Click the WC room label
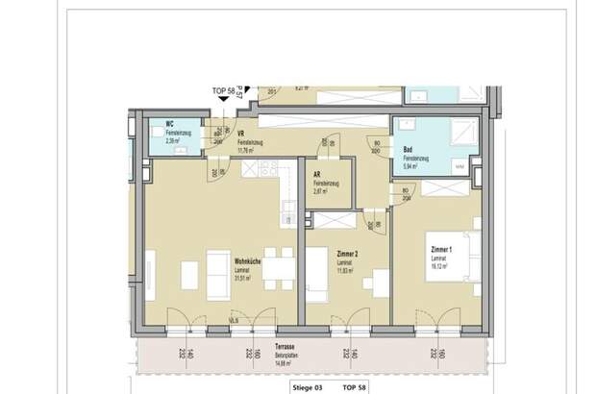[x=168, y=124]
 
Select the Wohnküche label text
[x=247, y=262]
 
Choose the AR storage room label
[x=316, y=174]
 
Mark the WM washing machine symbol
[x=459, y=168]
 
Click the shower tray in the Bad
[x=465, y=133]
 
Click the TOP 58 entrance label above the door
[x=224, y=91]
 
